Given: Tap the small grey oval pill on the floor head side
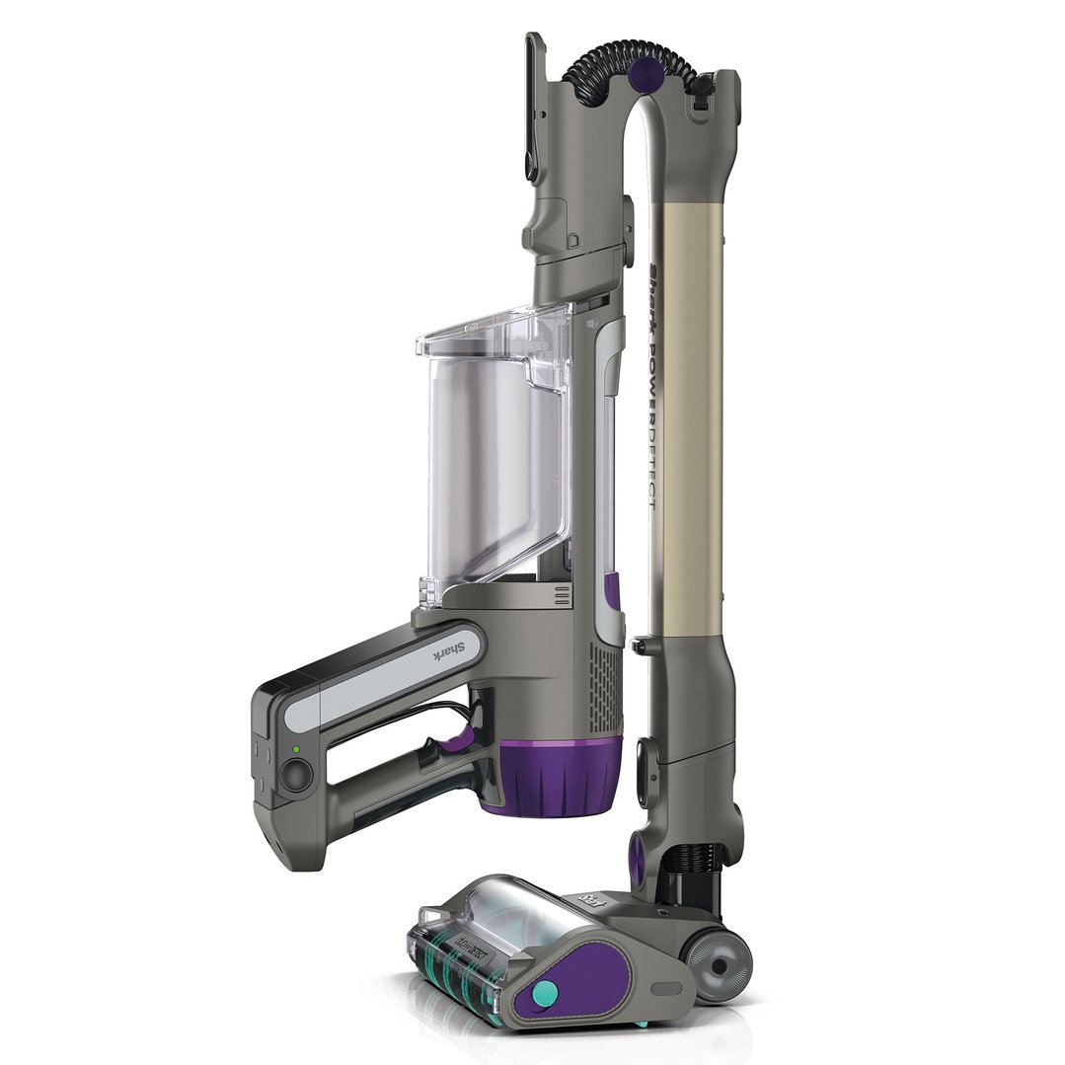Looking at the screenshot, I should [x=663, y=988].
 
